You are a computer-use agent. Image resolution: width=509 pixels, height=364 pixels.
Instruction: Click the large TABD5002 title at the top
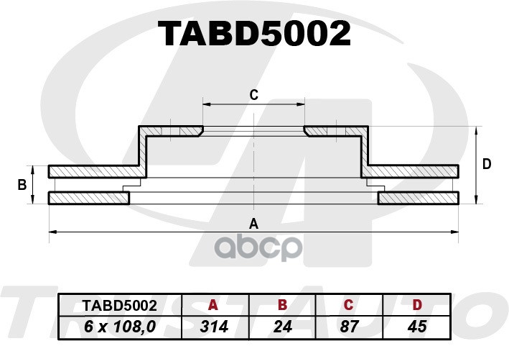[x=254, y=34]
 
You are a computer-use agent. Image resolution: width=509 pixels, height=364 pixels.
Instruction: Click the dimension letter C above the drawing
[x=254, y=95]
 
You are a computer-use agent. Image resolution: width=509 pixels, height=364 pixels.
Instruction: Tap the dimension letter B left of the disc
[x=22, y=185]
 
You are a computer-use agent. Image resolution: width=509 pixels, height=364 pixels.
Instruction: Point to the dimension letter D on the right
[x=487, y=164]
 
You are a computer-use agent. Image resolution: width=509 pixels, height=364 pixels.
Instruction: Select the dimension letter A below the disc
[x=253, y=224]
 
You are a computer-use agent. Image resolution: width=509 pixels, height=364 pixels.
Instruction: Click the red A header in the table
[x=213, y=305]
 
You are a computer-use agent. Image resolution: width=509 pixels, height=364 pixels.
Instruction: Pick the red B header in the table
[x=282, y=305]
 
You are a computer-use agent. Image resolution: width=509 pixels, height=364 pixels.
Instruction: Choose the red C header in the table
[x=348, y=305]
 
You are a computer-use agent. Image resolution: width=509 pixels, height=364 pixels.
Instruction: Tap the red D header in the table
[x=417, y=305]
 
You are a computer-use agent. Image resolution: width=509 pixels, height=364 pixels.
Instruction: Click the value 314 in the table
[x=214, y=327]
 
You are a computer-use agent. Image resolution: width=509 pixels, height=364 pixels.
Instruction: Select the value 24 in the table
[x=283, y=327]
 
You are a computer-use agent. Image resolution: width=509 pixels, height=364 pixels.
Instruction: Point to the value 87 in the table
[x=350, y=327]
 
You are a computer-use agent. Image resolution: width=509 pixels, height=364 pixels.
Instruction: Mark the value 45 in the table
[x=417, y=327]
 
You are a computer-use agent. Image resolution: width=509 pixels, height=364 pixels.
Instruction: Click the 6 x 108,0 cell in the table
[x=120, y=327]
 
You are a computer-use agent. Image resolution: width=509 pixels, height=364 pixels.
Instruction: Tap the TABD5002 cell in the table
[x=120, y=306]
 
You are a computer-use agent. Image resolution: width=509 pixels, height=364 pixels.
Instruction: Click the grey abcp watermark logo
[x=258, y=248]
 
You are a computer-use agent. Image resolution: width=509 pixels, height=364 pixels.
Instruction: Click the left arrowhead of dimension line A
[x=52, y=232]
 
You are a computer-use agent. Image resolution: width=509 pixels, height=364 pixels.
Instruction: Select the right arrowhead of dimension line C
[x=301, y=104]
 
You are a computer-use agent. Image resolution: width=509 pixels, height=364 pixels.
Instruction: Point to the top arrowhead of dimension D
[x=476, y=130]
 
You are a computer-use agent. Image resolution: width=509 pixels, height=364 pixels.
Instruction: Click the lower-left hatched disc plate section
[x=89, y=198]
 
